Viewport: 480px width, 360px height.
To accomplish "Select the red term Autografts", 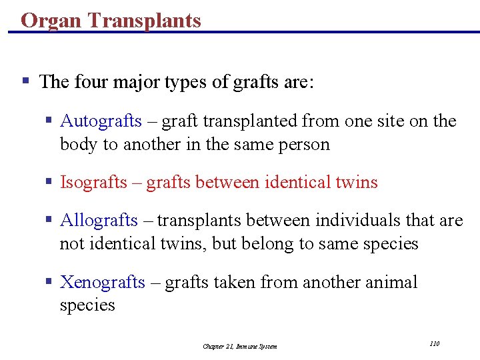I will (101, 121).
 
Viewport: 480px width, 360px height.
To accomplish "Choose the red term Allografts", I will (99, 221).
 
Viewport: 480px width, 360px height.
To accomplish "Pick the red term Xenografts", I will (102, 283).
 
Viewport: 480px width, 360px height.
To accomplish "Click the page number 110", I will (435, 343).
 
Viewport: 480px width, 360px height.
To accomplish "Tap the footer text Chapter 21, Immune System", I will (240, 346).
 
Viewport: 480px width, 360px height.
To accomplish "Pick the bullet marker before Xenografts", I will (49, 283).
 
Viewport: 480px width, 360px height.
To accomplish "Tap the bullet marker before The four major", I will (25, 82).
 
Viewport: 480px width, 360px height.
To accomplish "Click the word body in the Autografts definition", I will (79, 145).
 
